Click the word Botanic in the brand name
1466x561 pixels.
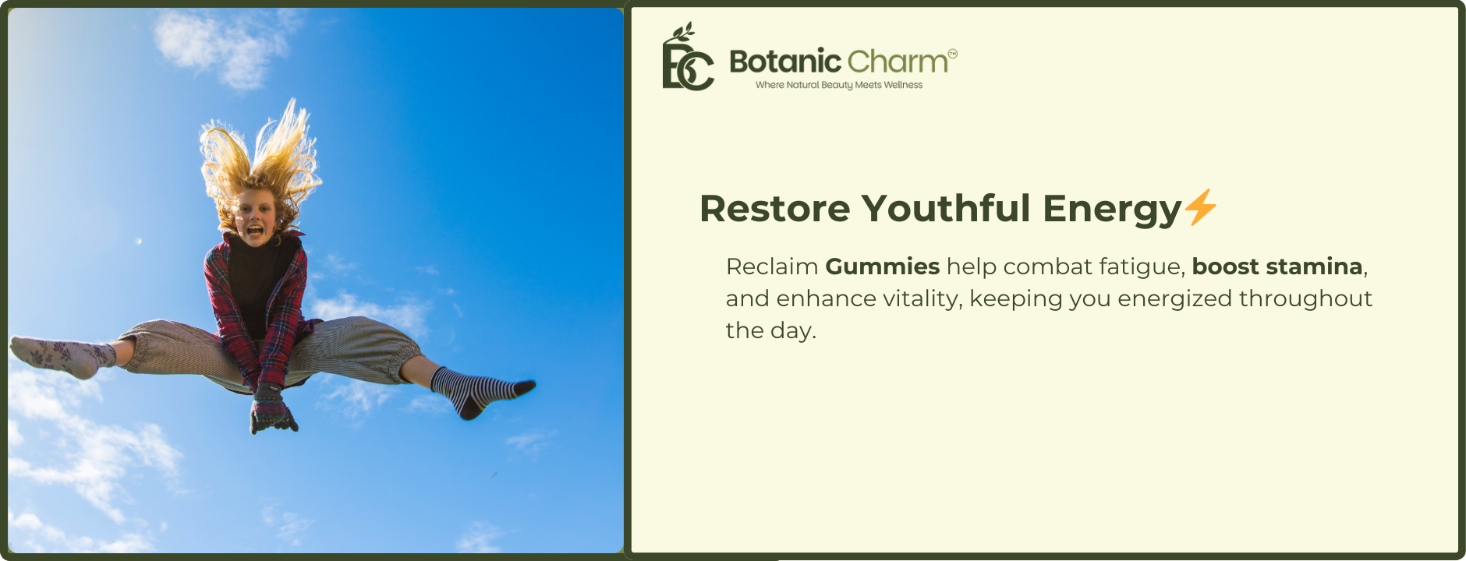click(785, 61)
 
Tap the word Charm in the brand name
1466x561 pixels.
click(898, 61)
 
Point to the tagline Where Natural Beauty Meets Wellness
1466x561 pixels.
click(839, 85)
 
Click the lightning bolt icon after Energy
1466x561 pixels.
click(1201, 207)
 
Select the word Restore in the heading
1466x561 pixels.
click(775, 209)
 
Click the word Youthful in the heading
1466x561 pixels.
click(946, 208)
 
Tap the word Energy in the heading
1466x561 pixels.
click(1112, 210)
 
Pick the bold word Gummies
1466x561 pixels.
click(882, 266)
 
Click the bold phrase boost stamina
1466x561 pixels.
click(1277, 266)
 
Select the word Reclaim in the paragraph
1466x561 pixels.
click(772, 266)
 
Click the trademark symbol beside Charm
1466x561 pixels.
click(953, 53)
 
